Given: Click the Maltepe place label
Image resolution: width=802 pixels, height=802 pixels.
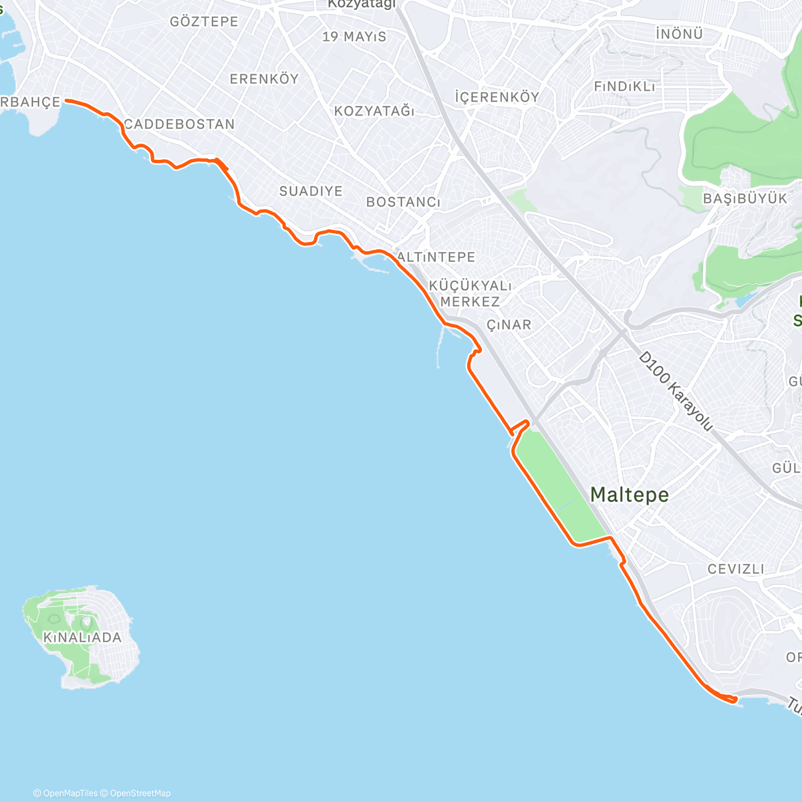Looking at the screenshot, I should (x=629, y=495).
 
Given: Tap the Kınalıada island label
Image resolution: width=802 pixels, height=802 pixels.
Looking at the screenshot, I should (x=82, y=638).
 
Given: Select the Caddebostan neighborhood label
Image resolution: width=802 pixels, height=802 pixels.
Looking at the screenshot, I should (x=179, y=124).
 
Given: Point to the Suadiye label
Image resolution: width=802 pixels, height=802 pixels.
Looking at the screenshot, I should (x=311, y=191).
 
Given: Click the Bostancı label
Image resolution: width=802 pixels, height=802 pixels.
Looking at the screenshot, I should (x=403, y=202).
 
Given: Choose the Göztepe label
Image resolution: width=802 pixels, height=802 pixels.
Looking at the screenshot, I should (x=204, y=21).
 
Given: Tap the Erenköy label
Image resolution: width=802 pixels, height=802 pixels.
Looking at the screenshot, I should (x=264, y=79).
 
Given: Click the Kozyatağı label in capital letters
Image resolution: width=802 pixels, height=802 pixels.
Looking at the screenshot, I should (x=374, y=111).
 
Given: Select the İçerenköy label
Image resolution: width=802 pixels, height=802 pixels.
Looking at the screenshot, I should (x=497, y=97).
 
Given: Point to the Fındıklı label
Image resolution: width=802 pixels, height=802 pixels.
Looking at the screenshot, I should (x=625, y=87).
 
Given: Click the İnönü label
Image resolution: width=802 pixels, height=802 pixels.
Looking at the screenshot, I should (x=679, y=33).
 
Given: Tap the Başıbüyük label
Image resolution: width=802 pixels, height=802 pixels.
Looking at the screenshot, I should (x=745, y=198).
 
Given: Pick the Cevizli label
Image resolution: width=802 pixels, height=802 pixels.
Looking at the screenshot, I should (x=736, y=569).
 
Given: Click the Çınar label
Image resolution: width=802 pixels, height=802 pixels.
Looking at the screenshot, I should (x=509, y=325).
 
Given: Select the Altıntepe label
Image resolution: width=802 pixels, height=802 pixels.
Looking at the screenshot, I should (x=437, y=257).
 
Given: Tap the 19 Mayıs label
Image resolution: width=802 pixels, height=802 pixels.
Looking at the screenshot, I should (x=354, y=37).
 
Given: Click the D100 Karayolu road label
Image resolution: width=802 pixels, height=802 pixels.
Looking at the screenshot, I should (x=676, y=391).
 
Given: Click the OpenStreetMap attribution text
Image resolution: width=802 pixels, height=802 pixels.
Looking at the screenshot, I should (x=139, y=793).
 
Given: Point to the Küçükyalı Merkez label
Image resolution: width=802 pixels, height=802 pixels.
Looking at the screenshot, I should (x=470, y=294).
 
